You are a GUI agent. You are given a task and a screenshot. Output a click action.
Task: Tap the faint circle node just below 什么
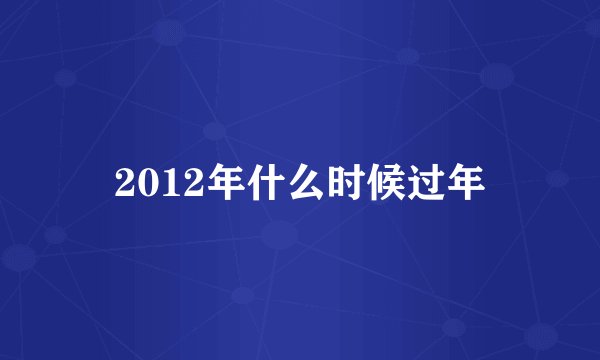coord(279,235)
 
